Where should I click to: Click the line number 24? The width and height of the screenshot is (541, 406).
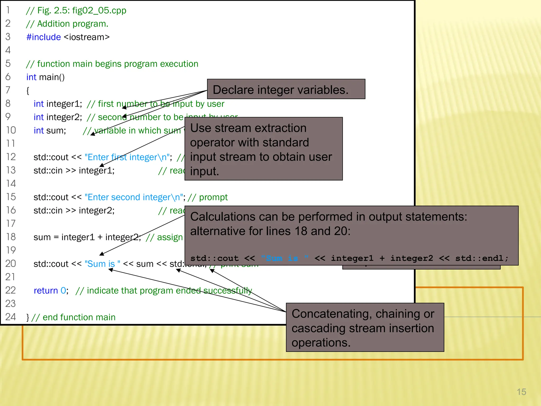coord(11,317)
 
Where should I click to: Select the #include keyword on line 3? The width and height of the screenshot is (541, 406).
coord(44,37)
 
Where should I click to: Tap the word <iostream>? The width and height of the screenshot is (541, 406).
coord(87,37)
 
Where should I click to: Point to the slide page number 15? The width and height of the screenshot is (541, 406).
coord(521,392)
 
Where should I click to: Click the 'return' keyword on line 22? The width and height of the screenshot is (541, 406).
coord(46,290)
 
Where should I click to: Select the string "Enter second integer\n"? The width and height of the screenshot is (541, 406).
coord(134,197)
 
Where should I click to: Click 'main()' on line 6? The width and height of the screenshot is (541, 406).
coord(52,77)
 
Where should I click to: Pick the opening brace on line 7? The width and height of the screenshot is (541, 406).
coord(28,91)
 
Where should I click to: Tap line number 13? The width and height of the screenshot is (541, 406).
coord(11,170)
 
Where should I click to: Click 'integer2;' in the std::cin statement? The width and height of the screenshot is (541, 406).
coord(96,210)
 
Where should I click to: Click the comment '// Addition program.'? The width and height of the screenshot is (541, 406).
coord(67,24)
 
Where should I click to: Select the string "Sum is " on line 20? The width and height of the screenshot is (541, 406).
coord(102,264)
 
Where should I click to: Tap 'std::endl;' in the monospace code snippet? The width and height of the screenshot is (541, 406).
coord(482,258)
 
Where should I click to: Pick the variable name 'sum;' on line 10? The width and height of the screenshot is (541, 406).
coord(56,131)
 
